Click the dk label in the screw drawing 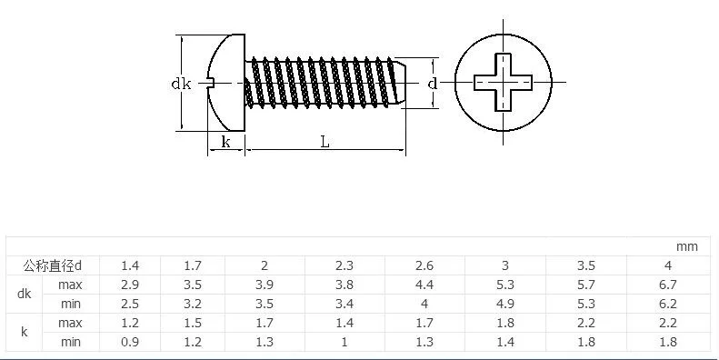[x=181, y=84]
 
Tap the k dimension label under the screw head [x=225, y=142]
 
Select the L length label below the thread [x=325, y=142]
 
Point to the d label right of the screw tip [x=433, y=84]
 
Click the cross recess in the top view [x=503, y=83]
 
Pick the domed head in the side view [x=225, y=83]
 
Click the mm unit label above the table [x=686, y=246]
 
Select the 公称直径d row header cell [x=53, y=265]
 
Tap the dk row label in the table [x=24, y=294]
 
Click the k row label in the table [x=24, y=332]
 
